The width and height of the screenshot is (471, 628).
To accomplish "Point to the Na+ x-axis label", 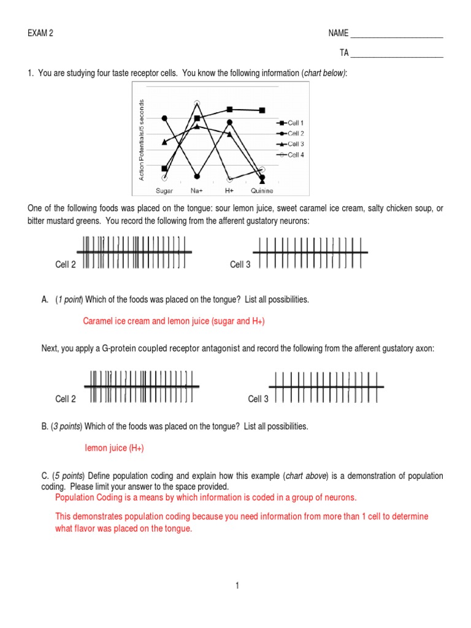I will click(197, 191).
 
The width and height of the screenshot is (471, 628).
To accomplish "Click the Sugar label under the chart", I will click(164, 191).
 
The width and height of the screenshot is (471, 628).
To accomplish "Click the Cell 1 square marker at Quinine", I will click(262, 110).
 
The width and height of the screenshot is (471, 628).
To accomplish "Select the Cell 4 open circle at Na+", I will click(197, 103).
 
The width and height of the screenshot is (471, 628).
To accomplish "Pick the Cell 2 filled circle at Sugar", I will click(164, 118).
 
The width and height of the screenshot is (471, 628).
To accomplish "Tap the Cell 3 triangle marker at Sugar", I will click(164, 142).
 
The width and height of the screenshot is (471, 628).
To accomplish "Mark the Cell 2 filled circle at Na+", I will click(197, 176).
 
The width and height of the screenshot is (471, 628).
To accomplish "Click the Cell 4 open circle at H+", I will click(229, 180).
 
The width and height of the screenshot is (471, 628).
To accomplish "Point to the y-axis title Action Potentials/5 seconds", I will click(142, 140).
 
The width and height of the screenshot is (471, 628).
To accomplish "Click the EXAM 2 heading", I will click(40, 33).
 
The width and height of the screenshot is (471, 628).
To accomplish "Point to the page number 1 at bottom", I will click(236, 586).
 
